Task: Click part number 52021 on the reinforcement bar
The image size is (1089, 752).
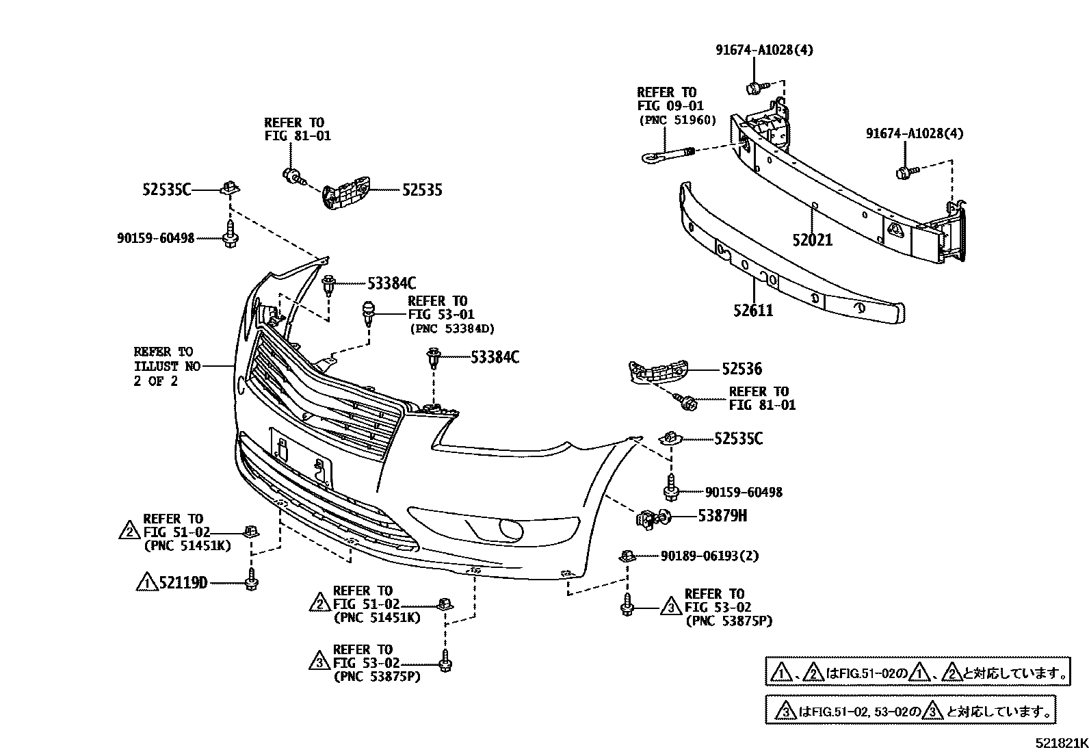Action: [813, 240]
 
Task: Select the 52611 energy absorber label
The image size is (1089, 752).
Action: [753, 311]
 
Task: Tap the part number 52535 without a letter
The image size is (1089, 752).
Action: [421, 190]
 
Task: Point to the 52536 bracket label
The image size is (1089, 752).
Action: [742, 369]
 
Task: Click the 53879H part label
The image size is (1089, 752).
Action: [722, 516]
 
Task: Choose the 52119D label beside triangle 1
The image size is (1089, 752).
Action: [183, 583]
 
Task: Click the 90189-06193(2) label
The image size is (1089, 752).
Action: [709, 556]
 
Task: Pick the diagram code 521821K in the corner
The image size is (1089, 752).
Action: [1060, 743]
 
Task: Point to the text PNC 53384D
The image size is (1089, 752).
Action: [451, 328]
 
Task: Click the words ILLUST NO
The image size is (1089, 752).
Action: [167, 367]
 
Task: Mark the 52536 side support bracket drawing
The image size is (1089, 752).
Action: [657, 374]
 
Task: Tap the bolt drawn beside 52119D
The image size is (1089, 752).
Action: [251, 580]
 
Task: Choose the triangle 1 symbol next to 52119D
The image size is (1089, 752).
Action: [146, 583]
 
